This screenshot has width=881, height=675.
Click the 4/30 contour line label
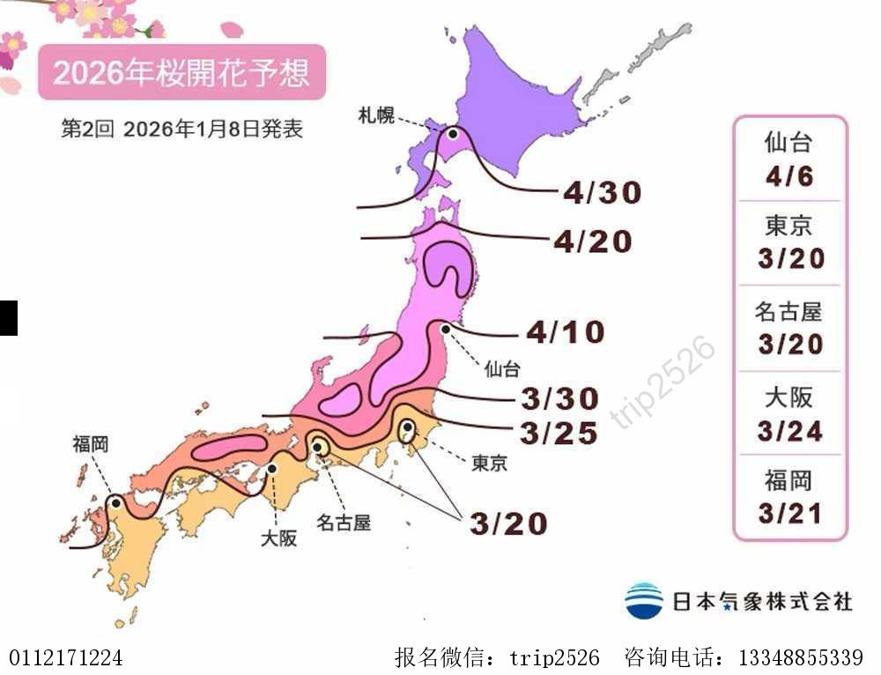pos(602,193)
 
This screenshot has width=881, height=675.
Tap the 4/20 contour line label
pos(593,241)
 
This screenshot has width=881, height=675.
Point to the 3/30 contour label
pos(559,398)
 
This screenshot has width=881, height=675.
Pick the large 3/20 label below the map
pos(508,523)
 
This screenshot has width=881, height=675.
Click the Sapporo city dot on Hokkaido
pos(453,134)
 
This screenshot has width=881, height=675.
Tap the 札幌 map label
pos(376,115)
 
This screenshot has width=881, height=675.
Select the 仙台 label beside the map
pos(502,368)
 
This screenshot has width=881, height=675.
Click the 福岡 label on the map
pos(91,444)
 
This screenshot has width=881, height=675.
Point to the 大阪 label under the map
pos(278,538)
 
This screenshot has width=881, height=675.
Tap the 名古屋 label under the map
pos(344,522)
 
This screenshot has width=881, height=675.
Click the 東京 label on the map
pos(489,463)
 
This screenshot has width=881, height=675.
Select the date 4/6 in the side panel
pos(789,176)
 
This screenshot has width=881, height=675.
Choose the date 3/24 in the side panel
pos(789,431)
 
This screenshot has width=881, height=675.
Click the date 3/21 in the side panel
pos(789,513)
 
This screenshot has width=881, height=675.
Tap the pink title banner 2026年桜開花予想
pos(181,72)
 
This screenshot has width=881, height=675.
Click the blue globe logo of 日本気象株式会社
pos(644,601)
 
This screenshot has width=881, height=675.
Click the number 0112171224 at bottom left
pos(66,657)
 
